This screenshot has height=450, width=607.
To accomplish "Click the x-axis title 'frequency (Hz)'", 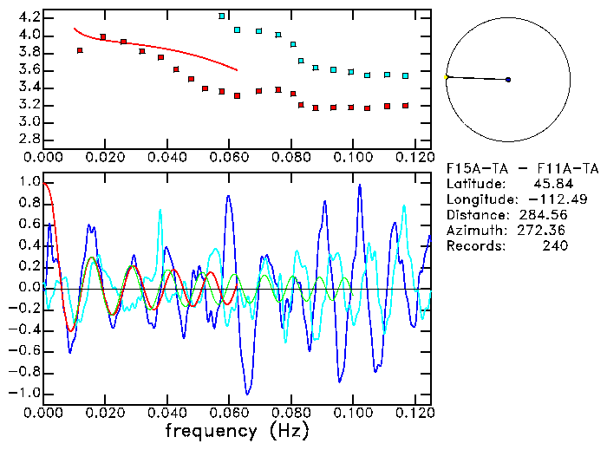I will (x=236, y=430).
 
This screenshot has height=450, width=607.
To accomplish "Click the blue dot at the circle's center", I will (x=508, y=80).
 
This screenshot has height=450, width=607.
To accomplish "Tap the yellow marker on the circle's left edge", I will (x=447, y=77).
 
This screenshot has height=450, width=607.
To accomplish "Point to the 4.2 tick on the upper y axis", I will (x=28, y=17).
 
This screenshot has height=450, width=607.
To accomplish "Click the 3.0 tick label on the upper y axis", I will (x=28, y=122).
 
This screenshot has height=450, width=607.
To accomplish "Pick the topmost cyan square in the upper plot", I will (x=222, y=16).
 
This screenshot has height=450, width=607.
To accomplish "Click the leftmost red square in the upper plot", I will (x=80, y=50).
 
